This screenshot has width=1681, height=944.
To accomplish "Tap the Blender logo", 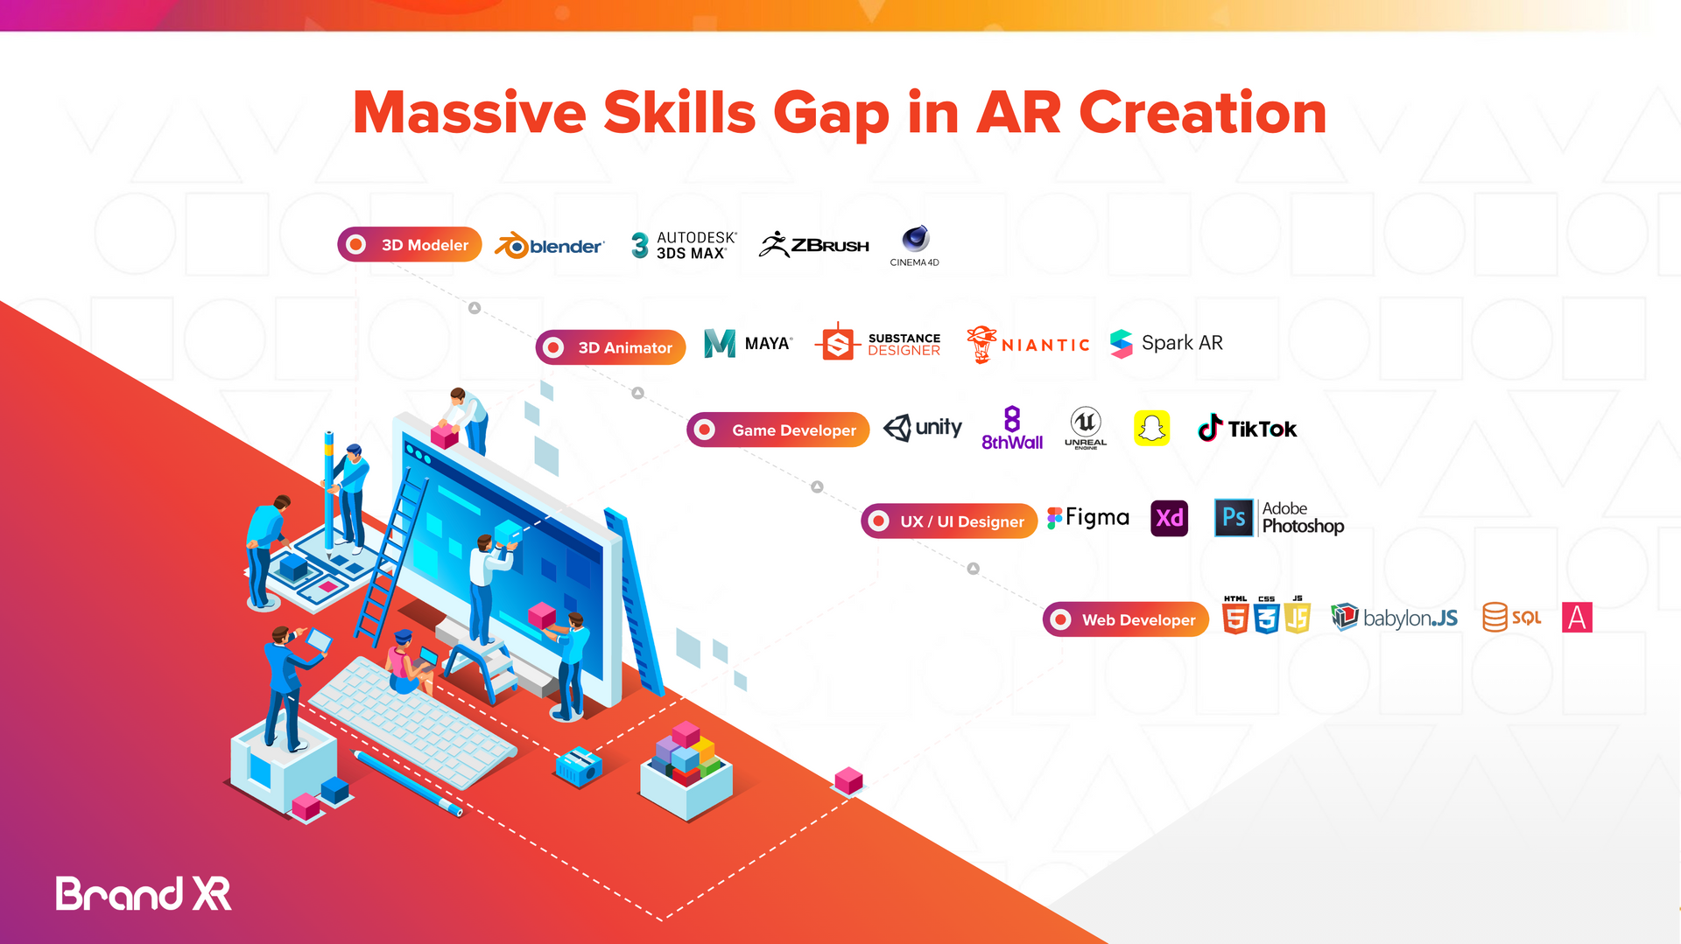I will coord(550,246).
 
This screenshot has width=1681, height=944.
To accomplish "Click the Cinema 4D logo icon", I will coord(915,239).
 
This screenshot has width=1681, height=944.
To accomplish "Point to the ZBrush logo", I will coord(814,245).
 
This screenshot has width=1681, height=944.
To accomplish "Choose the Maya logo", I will coord(748,343).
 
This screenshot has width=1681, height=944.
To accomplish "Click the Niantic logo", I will coord(1028,344).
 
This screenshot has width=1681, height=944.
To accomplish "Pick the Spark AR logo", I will coord(1166,343).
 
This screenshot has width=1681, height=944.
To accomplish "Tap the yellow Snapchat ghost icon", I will coord(1151,428).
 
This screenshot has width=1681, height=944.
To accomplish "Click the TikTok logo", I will coord(1247,429).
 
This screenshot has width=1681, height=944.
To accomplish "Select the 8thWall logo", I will coord(1012,429).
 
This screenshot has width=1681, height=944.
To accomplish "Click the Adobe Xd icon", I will coord(1169,518).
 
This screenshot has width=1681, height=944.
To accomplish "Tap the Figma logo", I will coord(1088,518).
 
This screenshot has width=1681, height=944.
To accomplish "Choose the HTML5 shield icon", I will coord(1235,616).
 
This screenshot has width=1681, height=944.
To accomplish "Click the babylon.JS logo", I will coord(1394,618).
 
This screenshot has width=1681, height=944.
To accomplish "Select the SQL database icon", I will coord(1511,618).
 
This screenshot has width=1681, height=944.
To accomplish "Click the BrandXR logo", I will coord(144,894).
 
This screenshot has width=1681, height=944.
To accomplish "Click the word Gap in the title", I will coord(831,114).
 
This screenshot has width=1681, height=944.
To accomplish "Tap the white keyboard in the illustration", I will coord(411,722).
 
